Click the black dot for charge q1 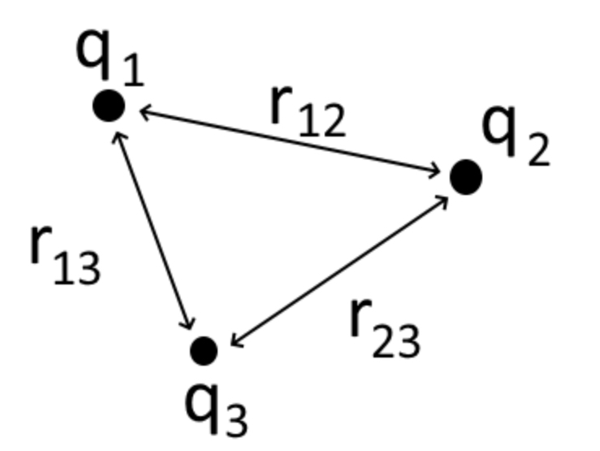click(109, 106)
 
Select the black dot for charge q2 click(465, 177)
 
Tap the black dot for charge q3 click(203, 350)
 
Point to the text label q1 click(110, 56)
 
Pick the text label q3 click(215, 405)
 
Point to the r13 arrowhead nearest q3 click(190, 324)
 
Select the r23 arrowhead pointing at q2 click(442, 200)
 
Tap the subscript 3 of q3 click(235, 418)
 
